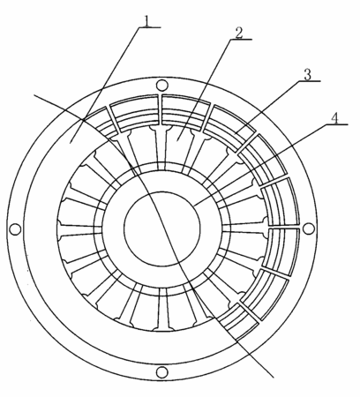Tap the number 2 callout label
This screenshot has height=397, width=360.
point(239,33)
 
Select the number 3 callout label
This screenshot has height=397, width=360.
point(307,75)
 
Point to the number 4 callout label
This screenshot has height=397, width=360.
point(334,118)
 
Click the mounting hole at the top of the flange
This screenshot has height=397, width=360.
point(161,86)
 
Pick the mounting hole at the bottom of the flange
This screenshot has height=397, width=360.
point(161,372)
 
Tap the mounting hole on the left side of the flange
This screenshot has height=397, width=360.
point(15,229)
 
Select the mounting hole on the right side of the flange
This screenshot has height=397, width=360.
point(309,228)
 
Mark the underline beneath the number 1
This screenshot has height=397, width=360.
point(150,27)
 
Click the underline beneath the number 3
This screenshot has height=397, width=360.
point(310,81)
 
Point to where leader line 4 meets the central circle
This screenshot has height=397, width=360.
point(194,205)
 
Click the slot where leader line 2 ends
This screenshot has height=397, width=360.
point(177,139)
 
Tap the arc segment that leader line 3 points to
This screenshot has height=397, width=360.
point(236,133)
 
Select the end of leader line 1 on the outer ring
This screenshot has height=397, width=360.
point(70,143)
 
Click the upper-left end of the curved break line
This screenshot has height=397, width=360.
point(34,95)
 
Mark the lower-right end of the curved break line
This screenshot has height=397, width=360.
point(274,377)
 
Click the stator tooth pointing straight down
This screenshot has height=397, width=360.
point(162,309)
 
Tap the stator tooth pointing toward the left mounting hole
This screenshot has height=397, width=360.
point(79,230)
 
